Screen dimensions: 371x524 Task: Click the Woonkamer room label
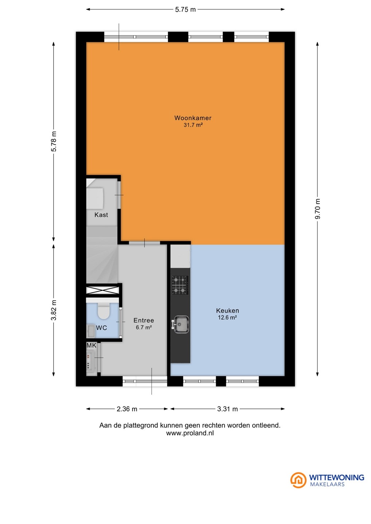pos(193,118)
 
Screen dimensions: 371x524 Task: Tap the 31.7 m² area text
pos(193,125)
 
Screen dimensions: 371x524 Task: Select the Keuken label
pos(227,311)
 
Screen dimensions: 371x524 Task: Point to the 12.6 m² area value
pos(227,317)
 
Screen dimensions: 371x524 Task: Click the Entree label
pos(144,320)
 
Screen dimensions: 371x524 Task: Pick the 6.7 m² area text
pos(144,327)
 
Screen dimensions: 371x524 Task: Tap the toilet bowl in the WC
pos(103,311)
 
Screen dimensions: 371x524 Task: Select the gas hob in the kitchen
pos(180,285)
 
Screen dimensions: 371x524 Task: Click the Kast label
pos(101,215)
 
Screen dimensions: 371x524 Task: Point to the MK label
pos(91,345)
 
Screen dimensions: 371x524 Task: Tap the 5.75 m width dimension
pos(185,9)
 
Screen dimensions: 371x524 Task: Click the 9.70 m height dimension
pos(317,209)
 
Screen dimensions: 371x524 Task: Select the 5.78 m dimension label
pos(54,141)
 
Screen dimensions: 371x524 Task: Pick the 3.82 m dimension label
pos(54,310)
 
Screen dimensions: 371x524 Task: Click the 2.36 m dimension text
pos(127,409)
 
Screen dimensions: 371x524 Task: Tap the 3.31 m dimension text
pos(227,409)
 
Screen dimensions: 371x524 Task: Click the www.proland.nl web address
pos(190,433)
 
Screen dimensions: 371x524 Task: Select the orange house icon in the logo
pos(298,480)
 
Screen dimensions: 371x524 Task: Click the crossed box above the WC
pos(102,290)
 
